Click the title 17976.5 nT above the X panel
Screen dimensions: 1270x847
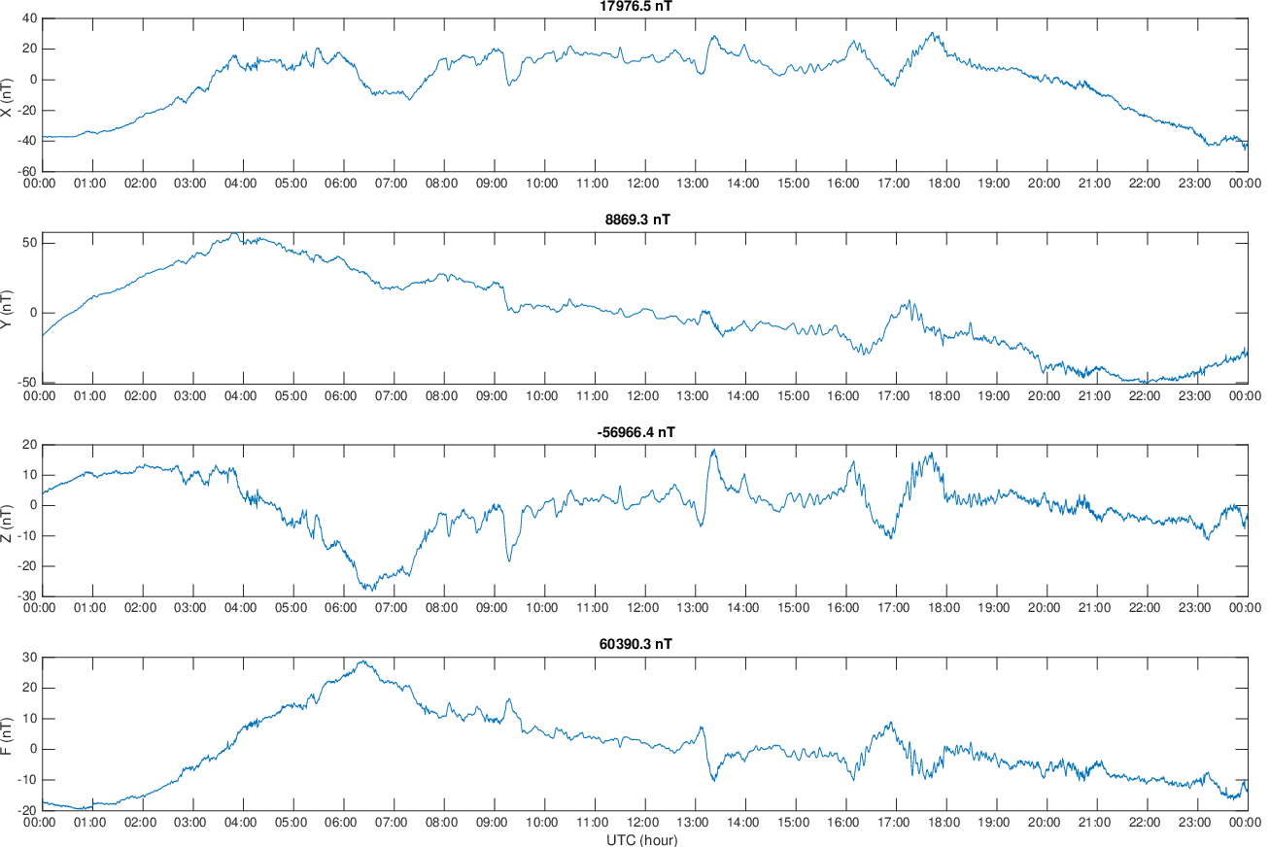click(x=635, y=6)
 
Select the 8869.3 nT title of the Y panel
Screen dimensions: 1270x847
click(x=637, y=220)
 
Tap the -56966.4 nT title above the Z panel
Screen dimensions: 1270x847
click(x=635, y=432)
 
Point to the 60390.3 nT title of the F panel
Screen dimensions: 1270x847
click(x=635, y=644)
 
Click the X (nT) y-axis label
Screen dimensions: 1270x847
click(x=6, y=97)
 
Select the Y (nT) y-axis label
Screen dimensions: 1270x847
click(x=6, y=310)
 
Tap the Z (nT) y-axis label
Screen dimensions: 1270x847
click(x=6, y=523)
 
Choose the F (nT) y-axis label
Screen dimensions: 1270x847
click(x=6, y=735)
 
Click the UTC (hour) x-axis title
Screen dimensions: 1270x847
click(x=642, y=839)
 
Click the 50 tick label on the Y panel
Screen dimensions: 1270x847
click(x=30, y=243)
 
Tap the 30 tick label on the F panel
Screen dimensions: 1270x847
click(x=30, y=657)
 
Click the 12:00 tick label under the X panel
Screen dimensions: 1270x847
click(x=642, y=184)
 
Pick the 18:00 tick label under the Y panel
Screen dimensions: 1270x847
click(x=944, y=395)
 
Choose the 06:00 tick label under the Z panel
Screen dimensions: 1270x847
click(x=341, y=608)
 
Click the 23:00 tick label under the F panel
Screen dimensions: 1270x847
click(x=1194, y=822)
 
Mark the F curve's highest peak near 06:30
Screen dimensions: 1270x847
click(x=363, y=661)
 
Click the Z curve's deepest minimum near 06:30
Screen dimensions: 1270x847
click(x=372, y=591)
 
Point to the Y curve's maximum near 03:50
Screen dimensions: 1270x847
click(x=233, y=233)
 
